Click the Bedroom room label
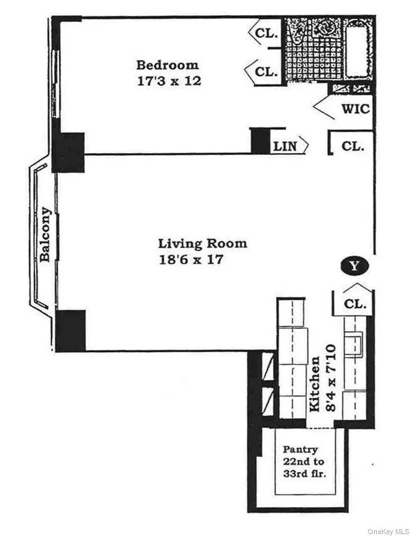[168, 65]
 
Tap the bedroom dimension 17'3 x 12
[168, 81]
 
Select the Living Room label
[202, 244]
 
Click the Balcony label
[45, 234]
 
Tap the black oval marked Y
[355, 266]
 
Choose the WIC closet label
[355, 109]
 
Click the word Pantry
[299, 449]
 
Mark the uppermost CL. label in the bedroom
[267, 34]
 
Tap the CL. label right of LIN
[353, 146]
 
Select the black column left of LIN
[259, 140]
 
